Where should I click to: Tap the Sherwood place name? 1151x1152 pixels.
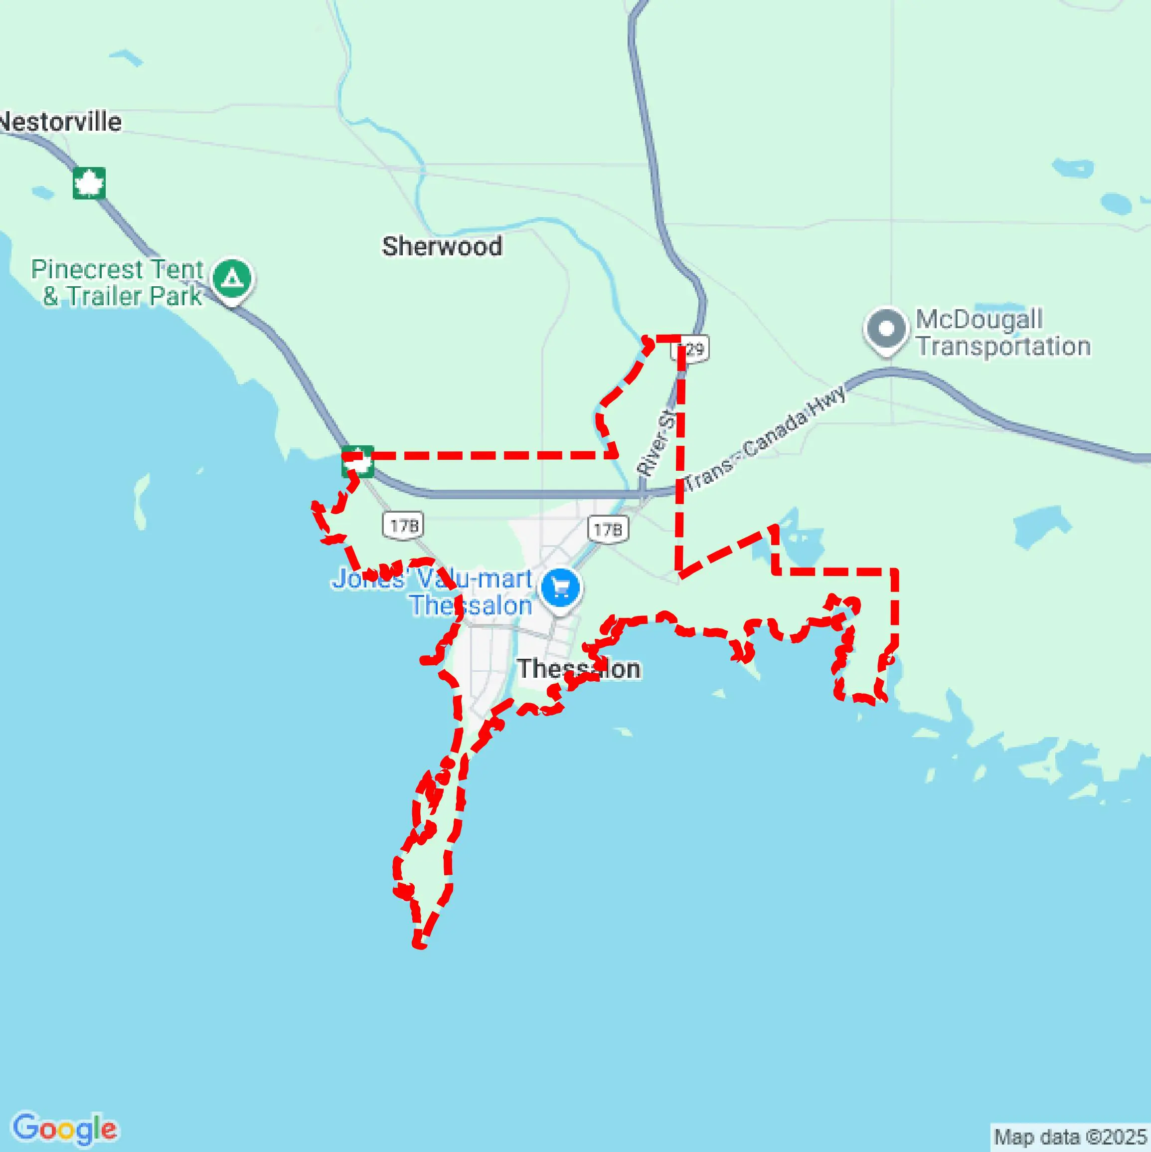point(442,246)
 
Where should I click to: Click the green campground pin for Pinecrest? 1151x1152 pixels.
point(232,278)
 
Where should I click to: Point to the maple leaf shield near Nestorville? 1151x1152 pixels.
point(89,183)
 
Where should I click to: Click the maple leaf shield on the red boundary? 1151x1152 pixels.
point(357,461)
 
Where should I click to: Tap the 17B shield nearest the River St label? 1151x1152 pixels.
point(608,529)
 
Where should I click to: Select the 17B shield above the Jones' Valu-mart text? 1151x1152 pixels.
point(404,525)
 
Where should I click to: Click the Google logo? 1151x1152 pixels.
point(65,1129)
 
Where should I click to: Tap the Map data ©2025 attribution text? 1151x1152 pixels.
point(1070,1137)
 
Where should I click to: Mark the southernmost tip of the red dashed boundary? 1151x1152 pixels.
point(419,945)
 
